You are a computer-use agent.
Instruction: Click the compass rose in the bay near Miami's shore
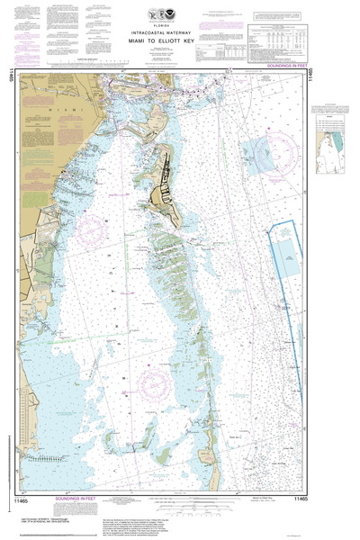pyautogui.click(x=91, y=232)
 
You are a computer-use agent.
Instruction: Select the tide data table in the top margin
pyautogui.click(x=275, y=41)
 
